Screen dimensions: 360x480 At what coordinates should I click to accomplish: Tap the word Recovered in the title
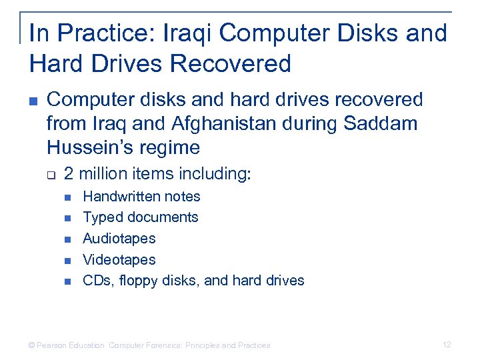coord(231,64)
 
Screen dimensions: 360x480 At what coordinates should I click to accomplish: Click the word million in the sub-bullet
coord(103,174)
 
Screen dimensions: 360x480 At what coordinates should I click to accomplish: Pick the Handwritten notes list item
coord(141,196)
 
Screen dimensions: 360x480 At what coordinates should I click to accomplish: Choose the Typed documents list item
coord(140,217)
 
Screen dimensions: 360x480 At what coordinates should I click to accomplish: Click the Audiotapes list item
coord(119,239)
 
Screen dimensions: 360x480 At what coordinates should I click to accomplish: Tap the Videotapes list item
coord(119,259)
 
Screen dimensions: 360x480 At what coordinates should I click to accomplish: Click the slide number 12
coord(447,345)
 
